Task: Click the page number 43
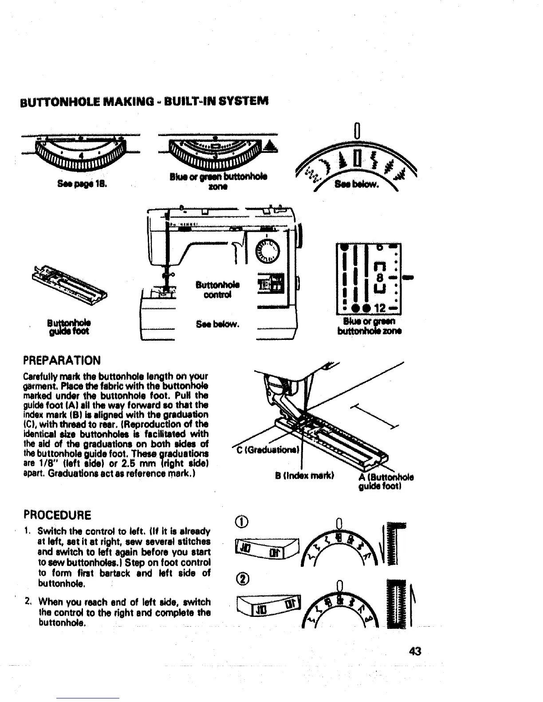pyautogui.click(x=415, y=651)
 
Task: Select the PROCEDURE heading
pyautogui.click(x=57, y=515)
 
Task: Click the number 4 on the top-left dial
pyautogui.click(x=81, y=156)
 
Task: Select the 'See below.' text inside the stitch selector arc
pyautogui.click(x=357, y=184)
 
